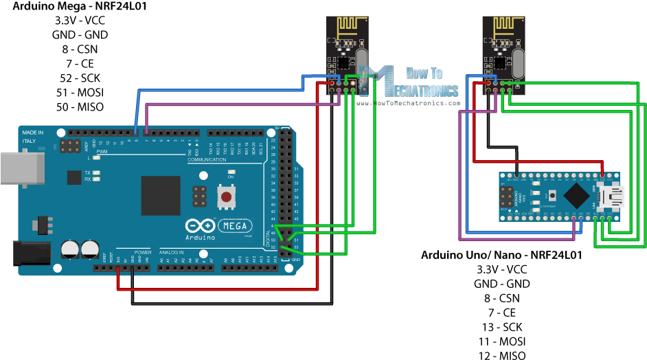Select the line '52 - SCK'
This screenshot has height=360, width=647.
[79, 78]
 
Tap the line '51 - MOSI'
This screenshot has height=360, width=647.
[79, 92]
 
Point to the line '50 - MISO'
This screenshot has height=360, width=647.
[79, 107]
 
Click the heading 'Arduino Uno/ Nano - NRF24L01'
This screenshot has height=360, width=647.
[501, 255]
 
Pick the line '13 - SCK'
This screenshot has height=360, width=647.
[501, 326]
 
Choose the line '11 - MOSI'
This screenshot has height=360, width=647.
[501, 341]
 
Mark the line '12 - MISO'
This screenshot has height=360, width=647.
[501, 355]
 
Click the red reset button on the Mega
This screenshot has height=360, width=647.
[225, 198]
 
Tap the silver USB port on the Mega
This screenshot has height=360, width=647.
[21, 167]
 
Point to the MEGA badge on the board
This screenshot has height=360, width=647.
[236, 225]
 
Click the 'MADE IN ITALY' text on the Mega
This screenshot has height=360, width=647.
[32, 136]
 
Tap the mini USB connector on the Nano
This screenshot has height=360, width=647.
[613, 199]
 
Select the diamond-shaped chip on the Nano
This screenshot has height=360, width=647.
[574, 198]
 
